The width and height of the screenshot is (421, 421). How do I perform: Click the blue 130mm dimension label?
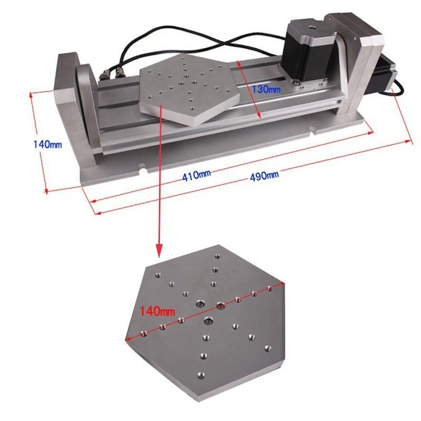coord(266,89)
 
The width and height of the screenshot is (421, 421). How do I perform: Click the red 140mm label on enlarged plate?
coord(157,311)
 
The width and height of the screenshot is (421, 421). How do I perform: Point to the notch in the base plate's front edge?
coord(143,169)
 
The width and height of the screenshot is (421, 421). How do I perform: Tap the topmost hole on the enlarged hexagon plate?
coord(216,258)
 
